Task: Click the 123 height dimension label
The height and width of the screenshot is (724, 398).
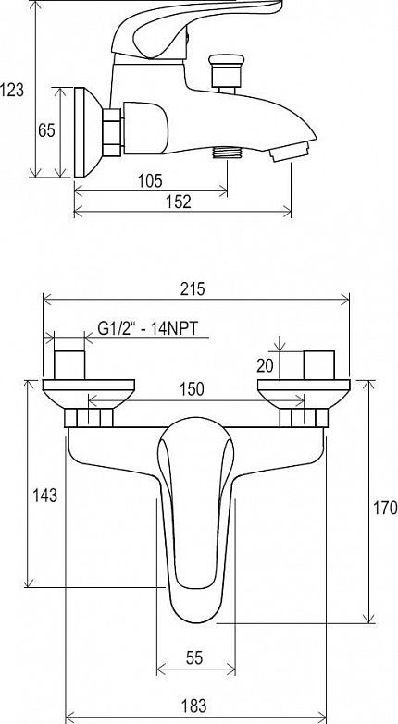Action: tap(11, 90)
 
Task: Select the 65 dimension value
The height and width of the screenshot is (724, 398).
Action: tap(46, 130)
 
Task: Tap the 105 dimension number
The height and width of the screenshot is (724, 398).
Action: tap(150, 180)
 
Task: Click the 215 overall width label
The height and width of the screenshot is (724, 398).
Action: tap(193, 289)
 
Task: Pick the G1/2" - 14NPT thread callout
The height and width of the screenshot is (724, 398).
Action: tap(147, 328)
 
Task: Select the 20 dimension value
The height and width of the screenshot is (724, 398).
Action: tap(266, 365)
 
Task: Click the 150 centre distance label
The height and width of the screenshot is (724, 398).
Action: tap(192, 388)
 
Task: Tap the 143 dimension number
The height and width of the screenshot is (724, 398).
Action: tap(44, 496)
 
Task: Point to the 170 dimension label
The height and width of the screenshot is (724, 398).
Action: tap(385, 507)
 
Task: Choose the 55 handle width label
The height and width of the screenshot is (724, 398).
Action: tap(194, 657)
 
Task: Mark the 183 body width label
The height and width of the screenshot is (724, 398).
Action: tap(193, 706)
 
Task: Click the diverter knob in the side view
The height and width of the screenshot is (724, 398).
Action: tap(226, 73)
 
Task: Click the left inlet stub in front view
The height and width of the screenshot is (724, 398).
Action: tap(69, 364)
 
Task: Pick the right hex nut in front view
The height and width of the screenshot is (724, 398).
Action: tap(304, 417)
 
